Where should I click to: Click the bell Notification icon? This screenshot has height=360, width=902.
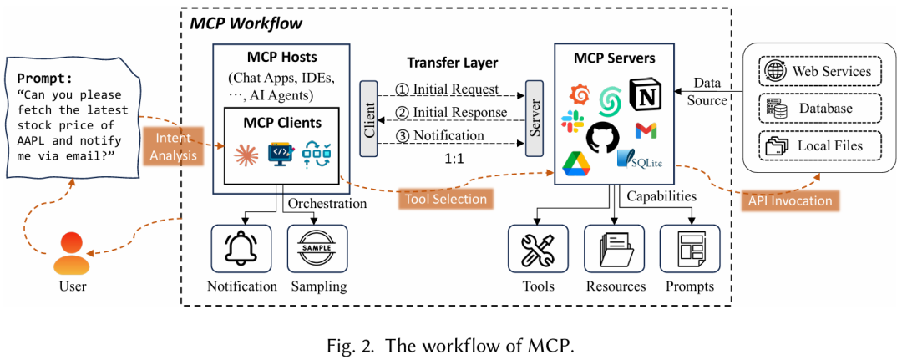pos(241,248)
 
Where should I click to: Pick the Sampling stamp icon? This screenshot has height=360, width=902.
pos(317,248)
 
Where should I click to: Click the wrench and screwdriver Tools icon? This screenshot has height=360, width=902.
pos(538,249)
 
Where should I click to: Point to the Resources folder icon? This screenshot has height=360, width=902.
pos(615,249)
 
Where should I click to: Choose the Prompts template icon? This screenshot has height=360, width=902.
pos(689,249)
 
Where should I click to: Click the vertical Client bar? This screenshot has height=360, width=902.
pos(368,118)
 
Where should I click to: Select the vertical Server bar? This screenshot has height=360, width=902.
pos(532,118)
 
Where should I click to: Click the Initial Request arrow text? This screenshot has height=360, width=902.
pos(449,89)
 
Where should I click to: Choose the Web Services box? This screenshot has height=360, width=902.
pos(820,71)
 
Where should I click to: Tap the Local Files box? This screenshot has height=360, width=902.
pos(820,146)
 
